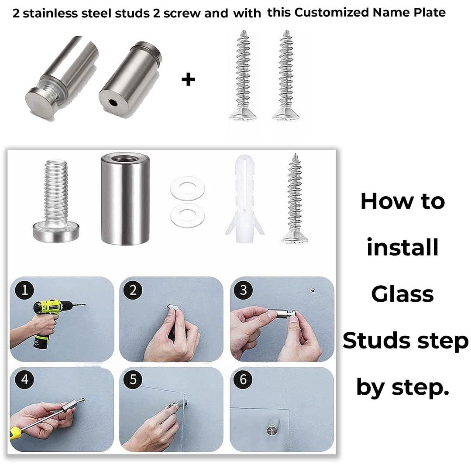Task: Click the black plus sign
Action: pos(189,80)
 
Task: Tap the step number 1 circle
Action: pos(25,290)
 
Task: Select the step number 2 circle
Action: pos(133,290)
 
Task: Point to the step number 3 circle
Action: pos(244,290)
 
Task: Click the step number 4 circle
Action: pos(25,379)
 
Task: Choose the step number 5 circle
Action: pos(133,379)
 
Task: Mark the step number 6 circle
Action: pos(244,379)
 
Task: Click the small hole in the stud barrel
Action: pos(113,103)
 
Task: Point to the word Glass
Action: pos(402,294)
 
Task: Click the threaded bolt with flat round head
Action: pos(56,201)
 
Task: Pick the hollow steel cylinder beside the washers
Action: pos(125,198)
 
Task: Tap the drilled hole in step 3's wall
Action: pos(313,291)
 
